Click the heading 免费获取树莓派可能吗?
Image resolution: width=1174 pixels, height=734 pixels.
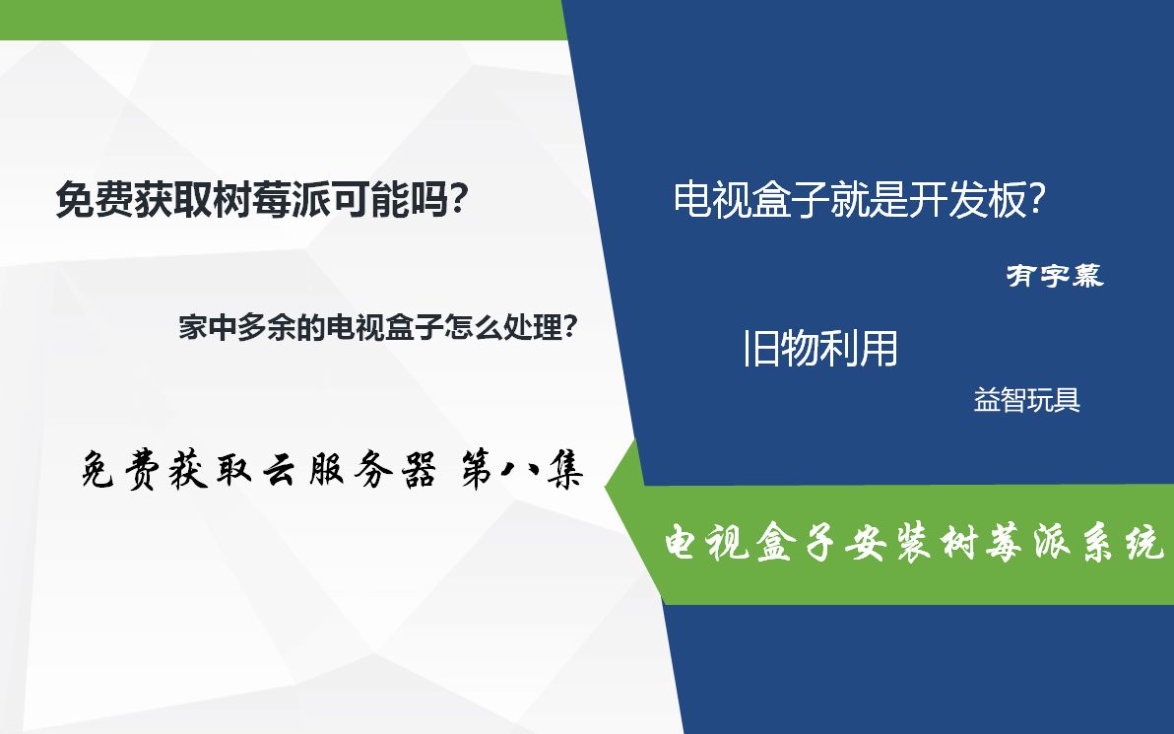pyautogui.click(x=261, y=201)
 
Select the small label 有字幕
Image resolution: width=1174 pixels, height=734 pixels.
pyautogui.click(x=1054, y=276)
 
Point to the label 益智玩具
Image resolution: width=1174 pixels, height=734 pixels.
pyautogui.click(x=1026, y=401)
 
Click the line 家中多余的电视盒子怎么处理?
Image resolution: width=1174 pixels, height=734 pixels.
pyautogui.click(x=377, y=327)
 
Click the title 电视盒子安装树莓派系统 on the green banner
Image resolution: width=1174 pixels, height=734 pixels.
pyautogui.click(x=915, y=544)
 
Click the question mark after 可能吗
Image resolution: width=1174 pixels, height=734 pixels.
pyautogui.click(x=455, y=201)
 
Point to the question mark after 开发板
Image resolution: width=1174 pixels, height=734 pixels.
pyautogui.click(x=1035, y=201)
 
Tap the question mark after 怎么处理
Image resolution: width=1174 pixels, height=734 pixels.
pyautogui.click(x=568, y=327)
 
